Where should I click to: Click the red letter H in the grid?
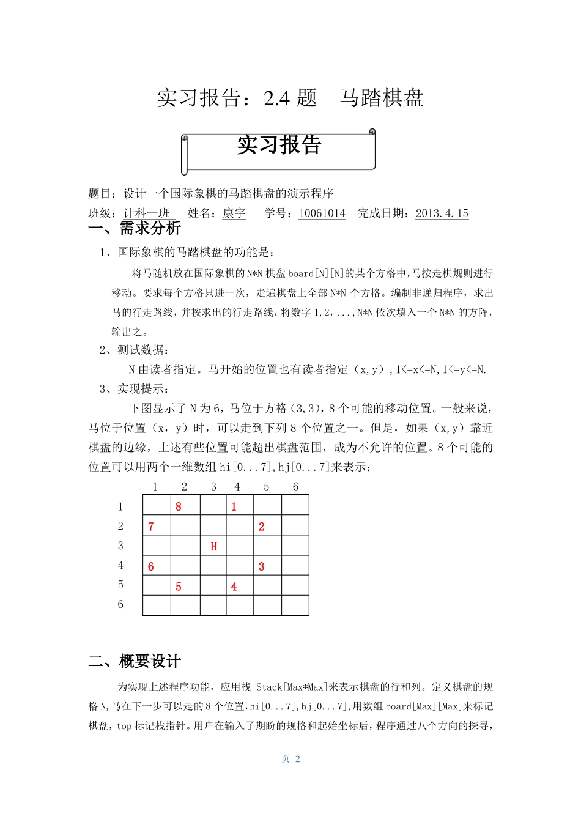click(213, 546)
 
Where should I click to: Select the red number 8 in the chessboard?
click(179, 506)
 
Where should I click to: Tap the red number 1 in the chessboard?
click(234, 506)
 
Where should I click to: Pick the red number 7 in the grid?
click(151, 527)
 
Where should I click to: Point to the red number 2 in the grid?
click(261, 527)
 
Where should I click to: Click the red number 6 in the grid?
click(151, 566)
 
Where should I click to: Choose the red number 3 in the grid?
click(261, 566)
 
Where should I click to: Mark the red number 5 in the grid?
click(179, 587)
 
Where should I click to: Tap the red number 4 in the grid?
click(234, 587)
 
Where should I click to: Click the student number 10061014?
click(322, 213)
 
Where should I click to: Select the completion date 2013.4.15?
click(442, 213)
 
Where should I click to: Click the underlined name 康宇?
click(234, 213)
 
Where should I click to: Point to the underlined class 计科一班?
click(147, 213)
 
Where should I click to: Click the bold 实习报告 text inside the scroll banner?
click(279, 145)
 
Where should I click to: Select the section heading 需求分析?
click(150, 228)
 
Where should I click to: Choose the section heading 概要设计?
click(150, 661)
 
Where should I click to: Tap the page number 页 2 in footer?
click(290, 759)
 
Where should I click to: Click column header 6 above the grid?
click(295, 487)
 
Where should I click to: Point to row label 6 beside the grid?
click(120, 604)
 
